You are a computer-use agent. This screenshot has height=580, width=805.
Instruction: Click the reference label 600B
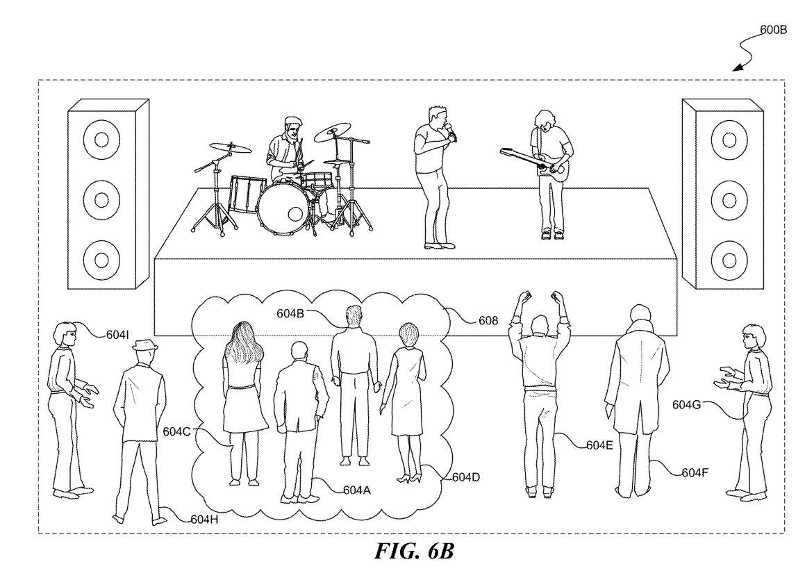[773, 32]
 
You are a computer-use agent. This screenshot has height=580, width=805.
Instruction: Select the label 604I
[117, 334]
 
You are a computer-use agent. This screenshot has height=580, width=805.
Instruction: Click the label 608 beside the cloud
[489, 322]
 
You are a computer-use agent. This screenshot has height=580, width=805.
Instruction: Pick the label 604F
[695, 473]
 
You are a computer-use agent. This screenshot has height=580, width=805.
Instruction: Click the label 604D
[467, 477]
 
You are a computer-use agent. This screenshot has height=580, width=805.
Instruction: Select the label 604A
[356, 489]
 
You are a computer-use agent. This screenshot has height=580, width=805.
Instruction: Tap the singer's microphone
[451, 131]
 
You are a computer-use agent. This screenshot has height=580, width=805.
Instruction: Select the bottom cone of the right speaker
[728, 260]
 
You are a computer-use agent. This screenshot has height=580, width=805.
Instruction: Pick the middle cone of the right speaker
[728, 200]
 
